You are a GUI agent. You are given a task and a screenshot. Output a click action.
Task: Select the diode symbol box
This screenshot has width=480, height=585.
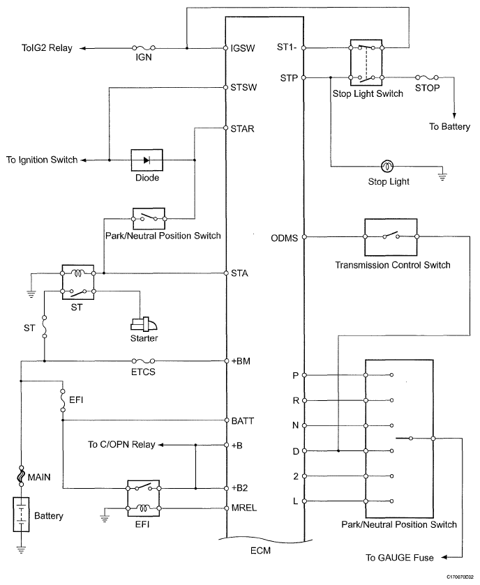click(147, 160)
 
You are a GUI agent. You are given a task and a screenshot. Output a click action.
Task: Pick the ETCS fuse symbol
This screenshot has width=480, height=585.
click(142, 361)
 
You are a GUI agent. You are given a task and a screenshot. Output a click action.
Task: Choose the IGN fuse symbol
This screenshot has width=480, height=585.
click(144, 49)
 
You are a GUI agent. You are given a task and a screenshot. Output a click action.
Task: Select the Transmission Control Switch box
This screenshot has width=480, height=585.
click(391, 237)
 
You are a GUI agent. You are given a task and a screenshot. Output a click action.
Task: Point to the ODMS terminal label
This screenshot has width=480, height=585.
click(284, 238)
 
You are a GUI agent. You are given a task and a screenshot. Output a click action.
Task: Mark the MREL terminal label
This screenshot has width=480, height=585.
click(244, 508)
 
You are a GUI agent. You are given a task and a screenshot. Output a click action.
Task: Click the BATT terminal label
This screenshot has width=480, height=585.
click(243, 421)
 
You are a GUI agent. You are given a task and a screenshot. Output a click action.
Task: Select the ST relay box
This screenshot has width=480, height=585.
click(77, 282)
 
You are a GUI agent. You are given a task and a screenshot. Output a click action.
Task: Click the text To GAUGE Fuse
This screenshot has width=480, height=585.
click(400, 558)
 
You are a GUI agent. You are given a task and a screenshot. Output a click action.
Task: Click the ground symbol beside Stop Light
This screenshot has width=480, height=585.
click(441, 176)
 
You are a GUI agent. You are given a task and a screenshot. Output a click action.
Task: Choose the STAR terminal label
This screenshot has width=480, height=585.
click(243, 128)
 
